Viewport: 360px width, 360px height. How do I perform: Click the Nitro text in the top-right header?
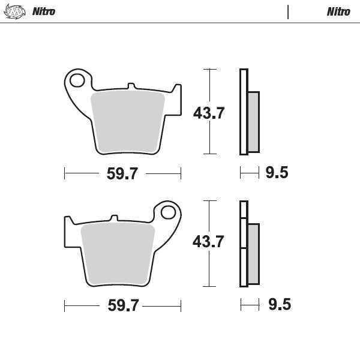(x=339, y=11)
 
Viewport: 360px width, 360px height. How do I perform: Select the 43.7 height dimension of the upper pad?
(x=208, y=112)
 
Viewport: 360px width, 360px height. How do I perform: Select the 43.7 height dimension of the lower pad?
(x=208, y=242)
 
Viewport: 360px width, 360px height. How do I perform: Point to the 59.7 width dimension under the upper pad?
(x=122, y=174)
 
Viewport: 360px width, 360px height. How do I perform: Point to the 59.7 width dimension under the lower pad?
(x=122, y=305)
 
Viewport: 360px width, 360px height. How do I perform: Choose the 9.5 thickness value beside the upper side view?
(x=277, y=173)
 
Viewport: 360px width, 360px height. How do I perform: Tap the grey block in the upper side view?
(x=253, y=121)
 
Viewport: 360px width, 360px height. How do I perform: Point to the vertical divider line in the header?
(x=289, y=11)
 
